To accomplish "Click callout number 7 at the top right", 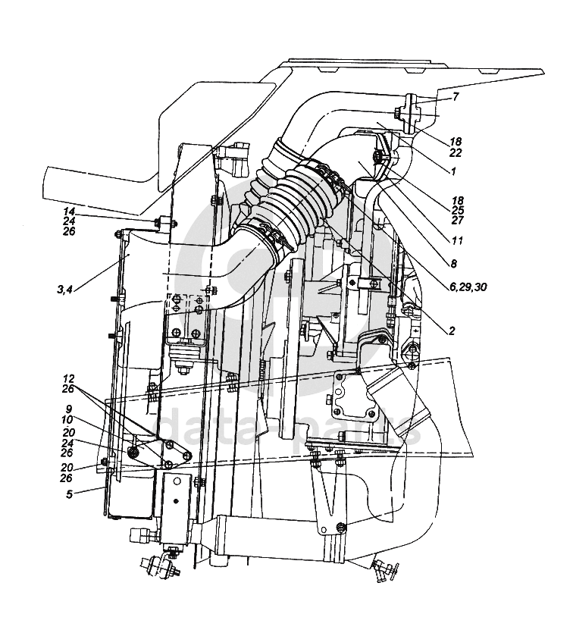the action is click(456, 97).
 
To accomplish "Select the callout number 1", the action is click(453, 171).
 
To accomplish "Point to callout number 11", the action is click(457, 240).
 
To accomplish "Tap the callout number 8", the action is click(453, 264).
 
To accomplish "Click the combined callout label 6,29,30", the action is click(468, 287).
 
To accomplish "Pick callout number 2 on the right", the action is click(452, 331).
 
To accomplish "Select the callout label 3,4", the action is click(64, 289).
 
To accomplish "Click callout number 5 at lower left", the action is click(70, 494).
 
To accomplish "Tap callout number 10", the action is click(67, 420).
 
